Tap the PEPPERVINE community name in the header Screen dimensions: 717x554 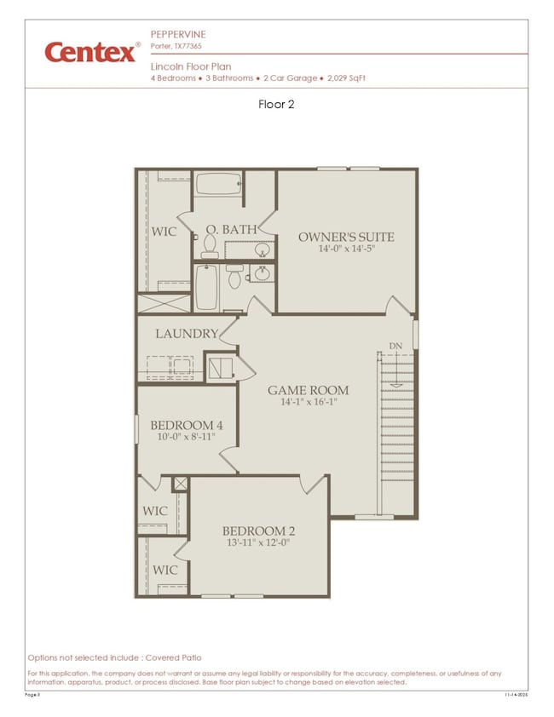coord(178,34)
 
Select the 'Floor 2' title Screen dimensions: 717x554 coord(276,105)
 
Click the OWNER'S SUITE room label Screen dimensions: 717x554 coord(346,237)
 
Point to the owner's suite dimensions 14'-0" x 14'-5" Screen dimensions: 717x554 coord(346,250)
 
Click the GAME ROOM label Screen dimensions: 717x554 coord(308,391)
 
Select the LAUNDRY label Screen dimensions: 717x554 coord(187,334)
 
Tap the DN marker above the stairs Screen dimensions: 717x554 coord(395,345)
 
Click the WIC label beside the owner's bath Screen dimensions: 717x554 coord(164,232)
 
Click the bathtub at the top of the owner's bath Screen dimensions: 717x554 coord(218,185)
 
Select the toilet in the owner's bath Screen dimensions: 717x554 coord(209,245)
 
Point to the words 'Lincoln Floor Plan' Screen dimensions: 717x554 coord(190,66)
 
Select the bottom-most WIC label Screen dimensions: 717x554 coord(164,570)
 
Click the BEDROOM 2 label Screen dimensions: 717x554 coord(258,530)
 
